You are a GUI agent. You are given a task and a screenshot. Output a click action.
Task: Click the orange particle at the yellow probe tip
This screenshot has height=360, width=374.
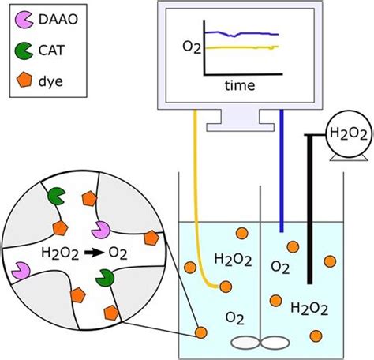click(x=226, y=286)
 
